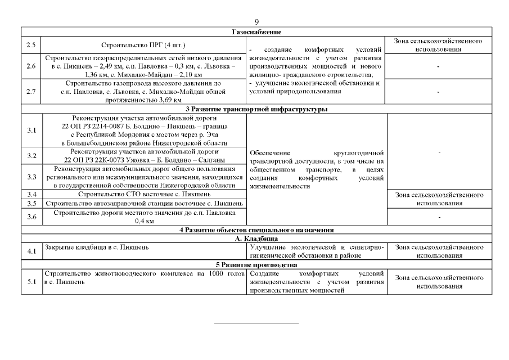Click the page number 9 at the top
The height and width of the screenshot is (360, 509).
click(x=256, y=22)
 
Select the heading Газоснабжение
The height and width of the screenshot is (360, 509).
click(x=256, y=33)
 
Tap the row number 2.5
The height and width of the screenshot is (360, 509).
click(x=31, y=45)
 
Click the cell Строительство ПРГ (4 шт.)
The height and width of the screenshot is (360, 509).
click(x=143, y=45)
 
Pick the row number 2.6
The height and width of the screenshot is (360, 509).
click(x=31, y=66)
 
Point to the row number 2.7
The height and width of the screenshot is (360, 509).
click(x=31, y=92)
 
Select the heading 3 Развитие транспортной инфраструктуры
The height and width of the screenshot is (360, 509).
click(x=256, y=109)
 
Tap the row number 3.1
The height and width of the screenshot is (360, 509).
click(x=31, y=130)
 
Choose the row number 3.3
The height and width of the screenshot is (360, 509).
click(x=31, y=177)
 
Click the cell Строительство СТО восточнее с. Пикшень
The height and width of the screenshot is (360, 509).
click(x=143, y=194)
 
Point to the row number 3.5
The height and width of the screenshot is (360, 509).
click(x=31, y=202)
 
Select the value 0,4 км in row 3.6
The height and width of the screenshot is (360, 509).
click(x=143, y=221)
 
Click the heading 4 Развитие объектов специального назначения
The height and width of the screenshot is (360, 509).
click(x=256, y=229)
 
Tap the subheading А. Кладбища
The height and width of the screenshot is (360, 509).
click(x=256, y=238)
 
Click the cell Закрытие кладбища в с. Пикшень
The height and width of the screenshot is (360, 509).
click(x=96, y=247)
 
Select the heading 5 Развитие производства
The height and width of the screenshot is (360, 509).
click(x=256, y=264)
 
